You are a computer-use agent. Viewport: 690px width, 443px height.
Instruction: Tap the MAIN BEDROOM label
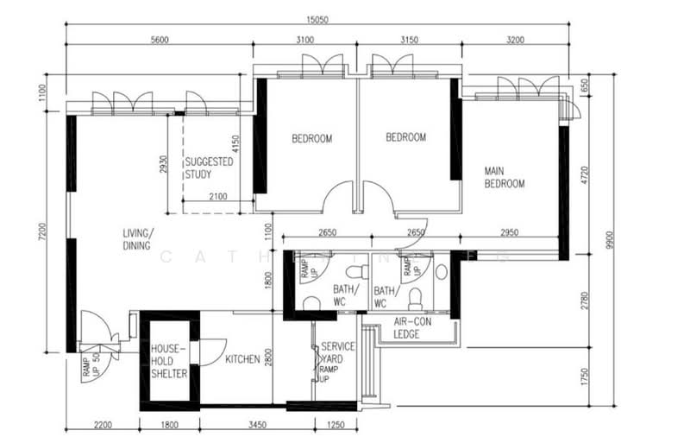click(505, 176)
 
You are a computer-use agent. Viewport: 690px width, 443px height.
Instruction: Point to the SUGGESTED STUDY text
click(204, 168)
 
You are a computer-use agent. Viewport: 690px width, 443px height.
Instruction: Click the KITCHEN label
click(242, 359)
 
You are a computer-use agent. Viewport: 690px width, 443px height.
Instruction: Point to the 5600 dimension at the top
click(159, 40)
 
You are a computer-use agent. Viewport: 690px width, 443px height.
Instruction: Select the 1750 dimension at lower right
click(584, 377)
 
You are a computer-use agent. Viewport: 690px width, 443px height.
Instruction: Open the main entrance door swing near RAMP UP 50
click(95, 331)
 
